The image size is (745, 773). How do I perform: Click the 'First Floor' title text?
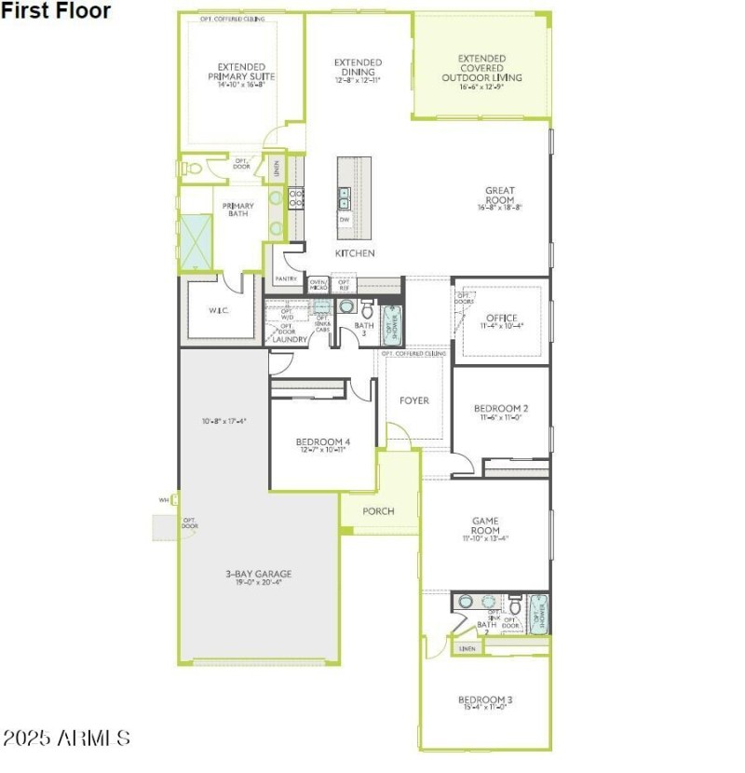coord(56,11)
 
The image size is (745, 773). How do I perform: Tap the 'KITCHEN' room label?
coord(355,253)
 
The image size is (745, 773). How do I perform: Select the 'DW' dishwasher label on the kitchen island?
coord(345,220)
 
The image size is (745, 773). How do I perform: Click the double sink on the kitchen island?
coord(345,197)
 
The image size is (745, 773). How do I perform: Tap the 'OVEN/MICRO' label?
coord(318,283)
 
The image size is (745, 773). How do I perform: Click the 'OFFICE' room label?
coord(500,319)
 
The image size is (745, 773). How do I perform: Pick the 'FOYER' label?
coord(414,400)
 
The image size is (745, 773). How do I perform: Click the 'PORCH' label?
coord(378,511)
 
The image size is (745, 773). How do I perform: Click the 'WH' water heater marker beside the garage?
coord(163,500)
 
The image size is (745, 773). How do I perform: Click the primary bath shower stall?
coord(196,242)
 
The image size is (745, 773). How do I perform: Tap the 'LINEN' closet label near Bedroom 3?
coord(467,648)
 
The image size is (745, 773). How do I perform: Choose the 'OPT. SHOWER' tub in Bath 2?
coord(538,614)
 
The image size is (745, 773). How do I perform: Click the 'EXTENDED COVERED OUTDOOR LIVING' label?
coord(481,68)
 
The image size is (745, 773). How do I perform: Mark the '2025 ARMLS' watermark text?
coord(66,739)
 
